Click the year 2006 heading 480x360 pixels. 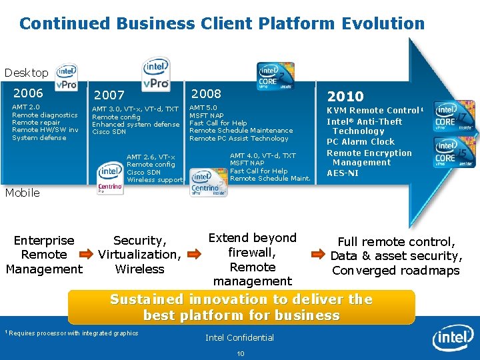27,93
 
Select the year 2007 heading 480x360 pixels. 109,96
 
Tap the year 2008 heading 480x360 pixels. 206,93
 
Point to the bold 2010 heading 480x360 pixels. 345,97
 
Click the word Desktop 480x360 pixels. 26,73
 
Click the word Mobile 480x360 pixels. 22,193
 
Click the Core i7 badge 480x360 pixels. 454,117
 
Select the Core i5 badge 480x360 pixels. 454,153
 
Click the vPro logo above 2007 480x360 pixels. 156,73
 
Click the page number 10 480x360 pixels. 241,353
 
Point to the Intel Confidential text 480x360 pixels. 239,337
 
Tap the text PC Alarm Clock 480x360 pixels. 360,142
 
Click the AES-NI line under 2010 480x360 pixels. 343,173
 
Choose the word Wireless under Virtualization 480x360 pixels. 139,269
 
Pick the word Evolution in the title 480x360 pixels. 383,24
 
